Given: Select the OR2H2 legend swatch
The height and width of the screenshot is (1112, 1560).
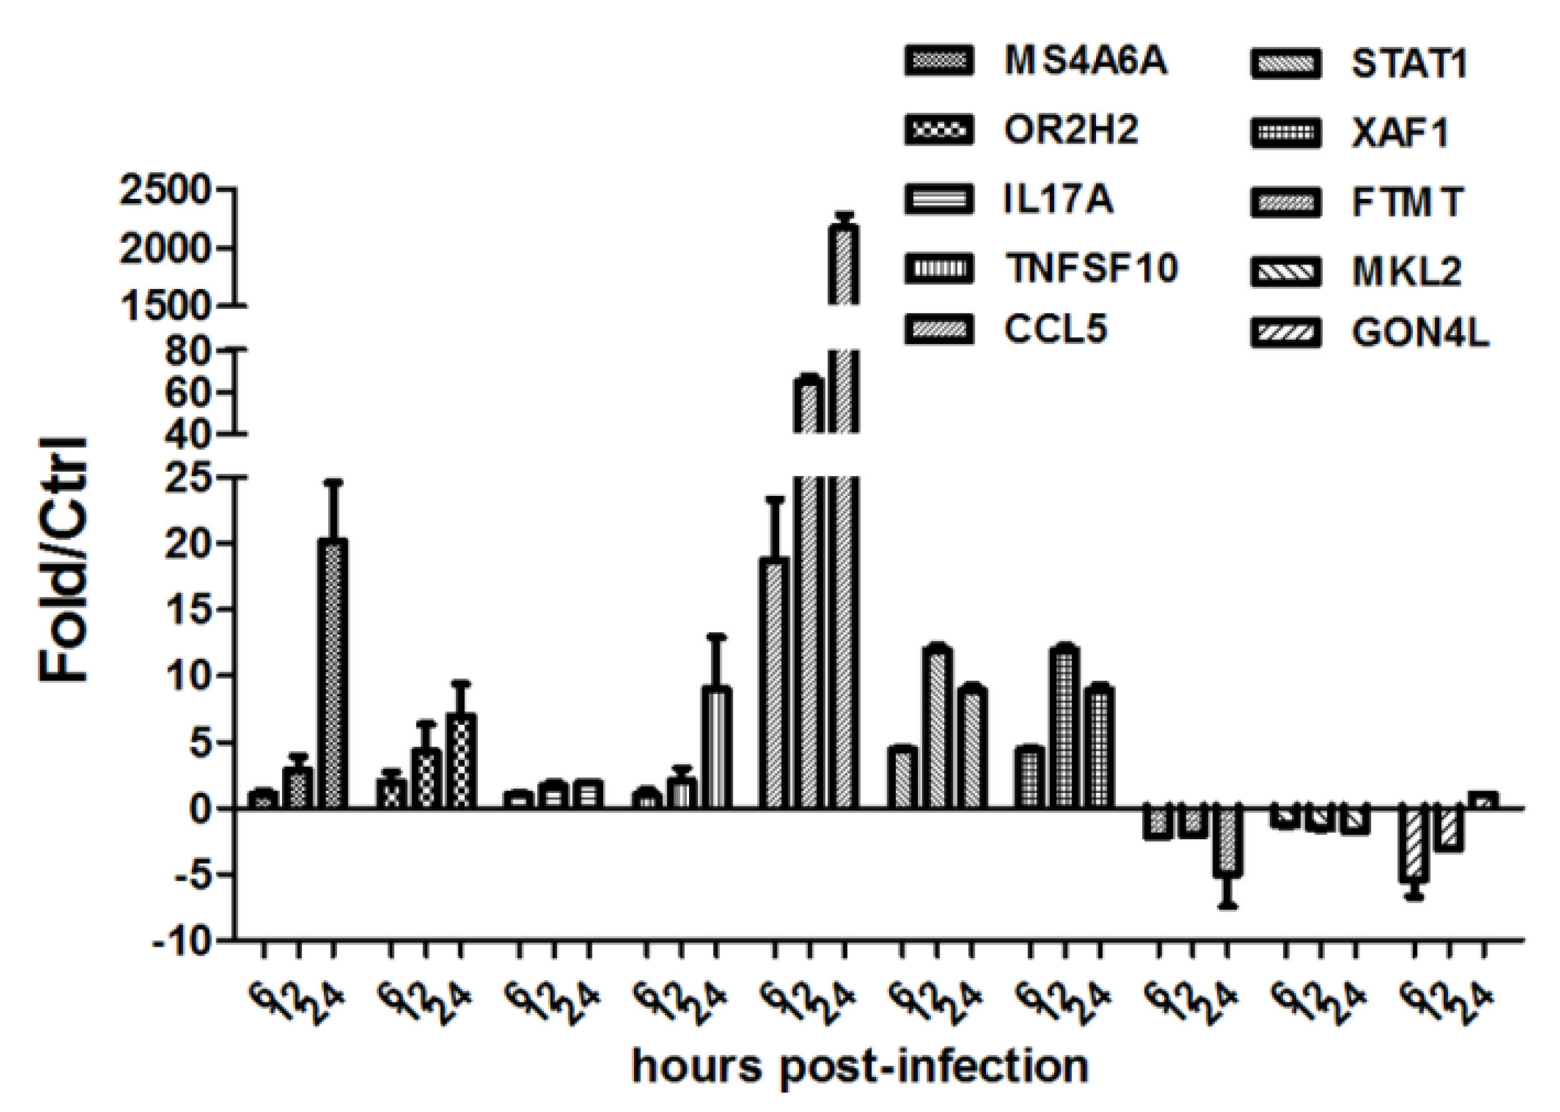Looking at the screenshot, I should tap(939, 130).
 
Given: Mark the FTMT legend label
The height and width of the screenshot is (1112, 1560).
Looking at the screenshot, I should tap(1407, 203).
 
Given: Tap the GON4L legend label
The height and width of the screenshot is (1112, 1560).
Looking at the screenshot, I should tap(1421, 334).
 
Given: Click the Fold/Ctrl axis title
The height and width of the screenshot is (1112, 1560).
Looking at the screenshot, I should tap(63, 560).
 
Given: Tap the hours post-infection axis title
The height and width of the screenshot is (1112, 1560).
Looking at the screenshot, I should tap(860, 1066).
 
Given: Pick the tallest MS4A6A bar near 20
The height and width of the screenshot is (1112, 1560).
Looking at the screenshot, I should tap(333, 674).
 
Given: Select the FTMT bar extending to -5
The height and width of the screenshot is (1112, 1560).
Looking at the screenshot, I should tap(1227, 842).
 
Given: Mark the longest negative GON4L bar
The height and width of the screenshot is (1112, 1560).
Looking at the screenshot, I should tap(1414, 845).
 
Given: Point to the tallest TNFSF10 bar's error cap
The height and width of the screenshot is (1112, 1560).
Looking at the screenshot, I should tap(717, 637).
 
